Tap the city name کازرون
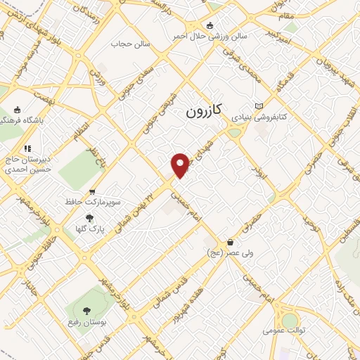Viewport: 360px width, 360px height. click(204, 111)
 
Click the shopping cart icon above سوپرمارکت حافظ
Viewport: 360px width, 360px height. click(91, 192)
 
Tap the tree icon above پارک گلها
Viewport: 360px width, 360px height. click(89, 218)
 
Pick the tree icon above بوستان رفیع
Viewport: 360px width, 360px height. click(86, 310)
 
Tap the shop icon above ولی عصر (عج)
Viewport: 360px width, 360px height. click(231, 241)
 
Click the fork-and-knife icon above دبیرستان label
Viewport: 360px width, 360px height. click(27, 148)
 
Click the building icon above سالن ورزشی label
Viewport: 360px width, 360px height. click(210, 25)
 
